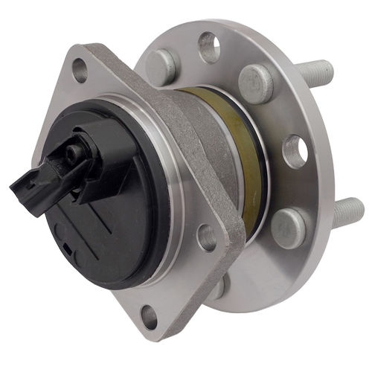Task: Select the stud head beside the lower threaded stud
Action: pos(288,225)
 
